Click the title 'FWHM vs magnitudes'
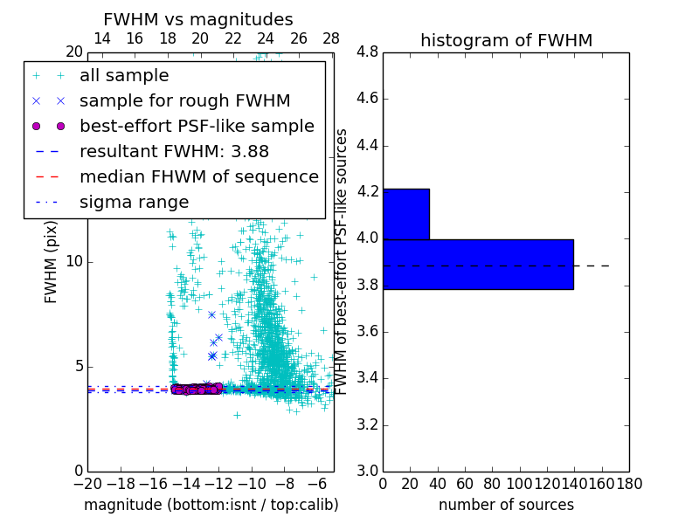198,20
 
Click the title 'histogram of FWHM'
506,41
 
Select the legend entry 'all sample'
124,76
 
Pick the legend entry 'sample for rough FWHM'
184,100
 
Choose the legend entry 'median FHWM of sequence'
198,176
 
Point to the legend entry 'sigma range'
134,202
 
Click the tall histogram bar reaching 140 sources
478,264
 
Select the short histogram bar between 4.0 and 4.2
405,214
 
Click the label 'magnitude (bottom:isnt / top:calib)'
211,505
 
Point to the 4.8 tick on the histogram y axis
367,52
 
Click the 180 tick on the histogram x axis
628,483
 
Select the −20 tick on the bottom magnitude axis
87,483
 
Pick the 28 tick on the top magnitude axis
331,38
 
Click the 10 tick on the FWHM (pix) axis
73,262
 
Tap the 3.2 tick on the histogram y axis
367,425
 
